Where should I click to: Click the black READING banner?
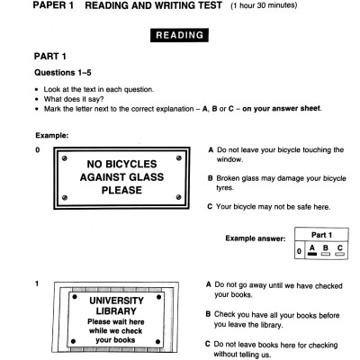click(x=179, y=37)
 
